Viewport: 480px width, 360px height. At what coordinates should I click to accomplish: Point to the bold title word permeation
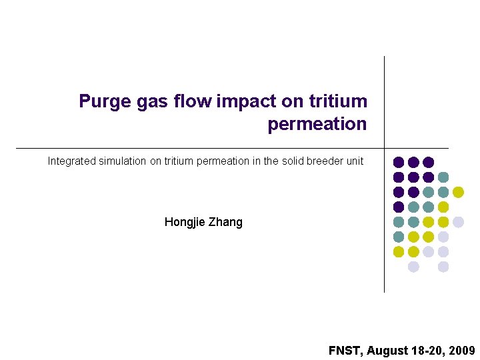317,124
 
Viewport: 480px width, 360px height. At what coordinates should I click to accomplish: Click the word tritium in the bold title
338,101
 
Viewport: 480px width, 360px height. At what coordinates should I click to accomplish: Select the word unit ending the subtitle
355,161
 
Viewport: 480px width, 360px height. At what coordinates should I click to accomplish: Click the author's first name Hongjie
185,222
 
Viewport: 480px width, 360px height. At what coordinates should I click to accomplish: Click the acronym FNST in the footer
344,351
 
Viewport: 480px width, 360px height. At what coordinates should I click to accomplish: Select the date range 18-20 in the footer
427,351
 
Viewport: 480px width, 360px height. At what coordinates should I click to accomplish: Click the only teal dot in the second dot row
443,177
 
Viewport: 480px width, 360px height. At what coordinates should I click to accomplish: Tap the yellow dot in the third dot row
458,192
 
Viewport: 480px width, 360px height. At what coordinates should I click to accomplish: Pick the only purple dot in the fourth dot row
399,207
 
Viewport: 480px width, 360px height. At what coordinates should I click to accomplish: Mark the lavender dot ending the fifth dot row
458,222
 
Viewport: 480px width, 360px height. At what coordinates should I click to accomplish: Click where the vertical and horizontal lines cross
385,148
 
